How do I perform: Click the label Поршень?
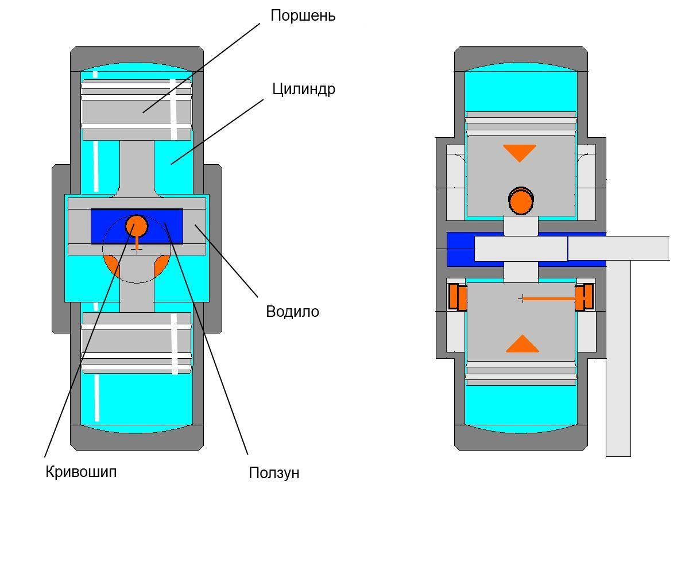303,16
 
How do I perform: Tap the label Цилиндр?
304,89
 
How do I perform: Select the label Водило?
292,312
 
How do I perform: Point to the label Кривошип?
81,472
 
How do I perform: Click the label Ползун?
274,473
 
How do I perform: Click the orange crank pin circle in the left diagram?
137,226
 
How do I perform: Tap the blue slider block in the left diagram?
137,226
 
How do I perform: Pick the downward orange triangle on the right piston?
520,153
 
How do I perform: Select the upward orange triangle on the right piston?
522,344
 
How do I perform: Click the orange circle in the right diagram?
521,201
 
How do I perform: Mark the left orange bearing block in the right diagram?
458,297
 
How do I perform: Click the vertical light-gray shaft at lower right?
618,359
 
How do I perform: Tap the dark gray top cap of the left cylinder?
137,58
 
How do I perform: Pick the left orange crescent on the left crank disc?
111,265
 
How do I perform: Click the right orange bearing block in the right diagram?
584,297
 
